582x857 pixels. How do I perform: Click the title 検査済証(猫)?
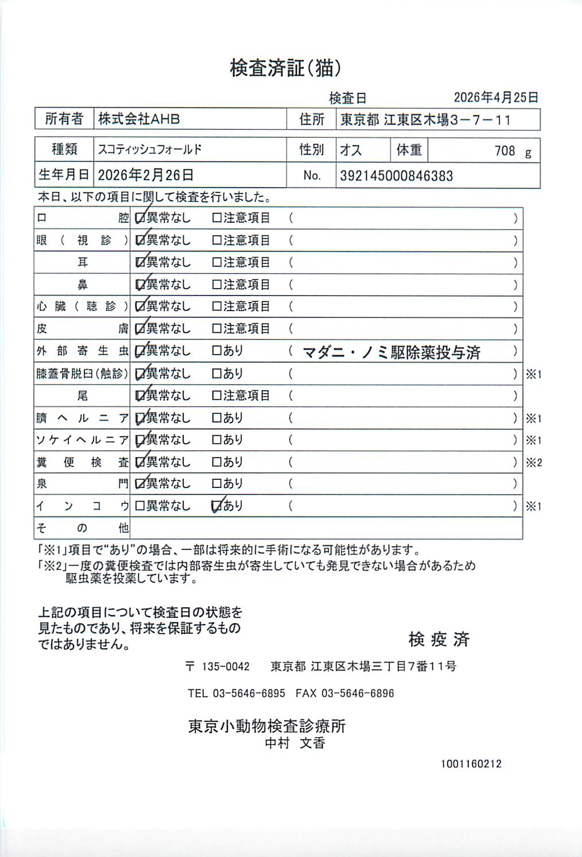[285, 68]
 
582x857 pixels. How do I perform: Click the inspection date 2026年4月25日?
[496, 98]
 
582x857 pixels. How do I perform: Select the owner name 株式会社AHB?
[139, 119]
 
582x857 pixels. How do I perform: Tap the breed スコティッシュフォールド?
[150, 150]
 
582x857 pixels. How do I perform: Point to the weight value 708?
[505, 151]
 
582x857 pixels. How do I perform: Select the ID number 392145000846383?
[396, 176]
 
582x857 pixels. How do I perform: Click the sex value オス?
[351, 150]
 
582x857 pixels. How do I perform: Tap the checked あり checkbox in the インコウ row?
[216, 506]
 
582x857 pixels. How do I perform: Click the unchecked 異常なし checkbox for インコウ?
[139, 506]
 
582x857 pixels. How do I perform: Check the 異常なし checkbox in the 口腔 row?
[139, 218]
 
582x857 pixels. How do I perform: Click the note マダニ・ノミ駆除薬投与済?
[391, 352]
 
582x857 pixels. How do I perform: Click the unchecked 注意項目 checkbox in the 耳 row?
[216, 262]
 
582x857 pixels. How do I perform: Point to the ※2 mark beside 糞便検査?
[534, 463]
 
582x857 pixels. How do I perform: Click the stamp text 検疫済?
[439, 639]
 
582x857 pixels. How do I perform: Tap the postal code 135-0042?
[226, 666]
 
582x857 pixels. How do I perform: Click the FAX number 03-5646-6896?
[358, 693]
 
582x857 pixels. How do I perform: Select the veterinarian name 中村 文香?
[295, 743]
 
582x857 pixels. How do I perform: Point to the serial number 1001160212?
[471, 764]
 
